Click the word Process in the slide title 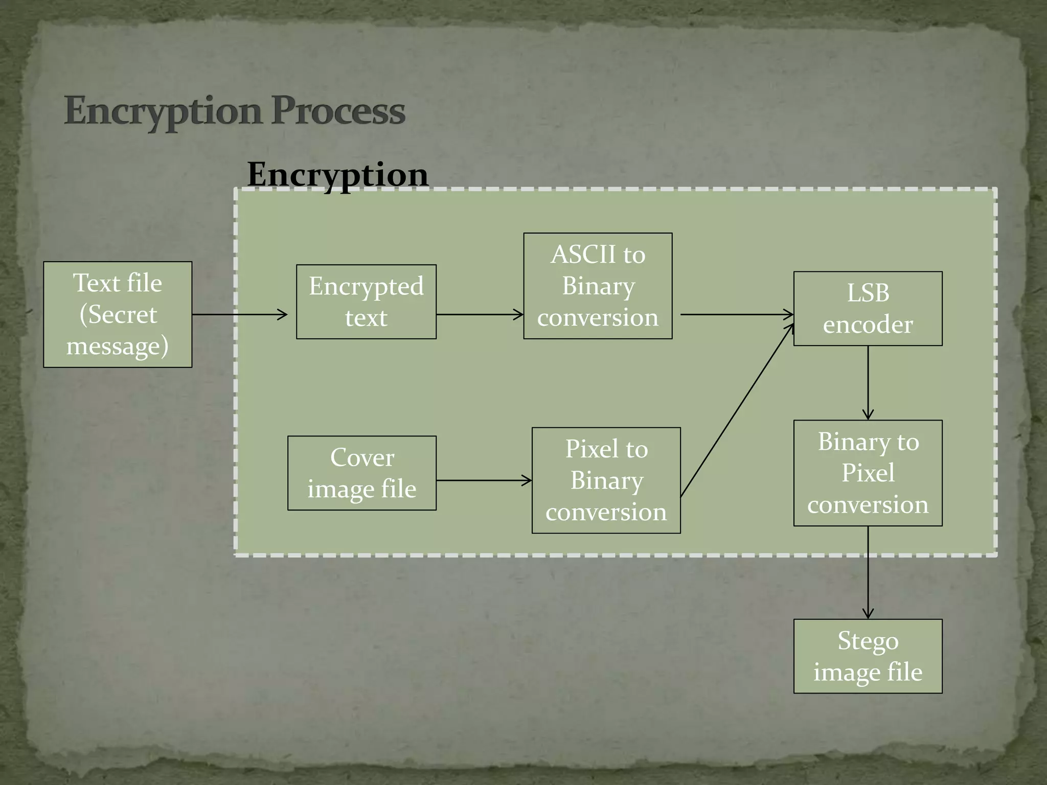[x=338, y=111]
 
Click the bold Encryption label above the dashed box [x=337, y=174]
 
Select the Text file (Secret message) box [x=118, y=314]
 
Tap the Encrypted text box [x=366, y=302]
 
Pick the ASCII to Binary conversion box [x=598, y=286]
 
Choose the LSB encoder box [x=868, y=309]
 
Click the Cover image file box [x=362, y=473]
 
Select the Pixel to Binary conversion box [x=606, y=480]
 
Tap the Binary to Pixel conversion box [x=868, y=473]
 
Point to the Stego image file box [x=868, y=656]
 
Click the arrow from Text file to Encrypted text [x=239, y=314]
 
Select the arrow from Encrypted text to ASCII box [x=480, y=314]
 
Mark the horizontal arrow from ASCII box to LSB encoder [x=736, y=314]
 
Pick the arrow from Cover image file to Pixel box [x=484, y=480]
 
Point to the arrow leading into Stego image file [x=868, y=572]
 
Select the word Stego [x=868, y=641]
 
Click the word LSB [x=868, y=293]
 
